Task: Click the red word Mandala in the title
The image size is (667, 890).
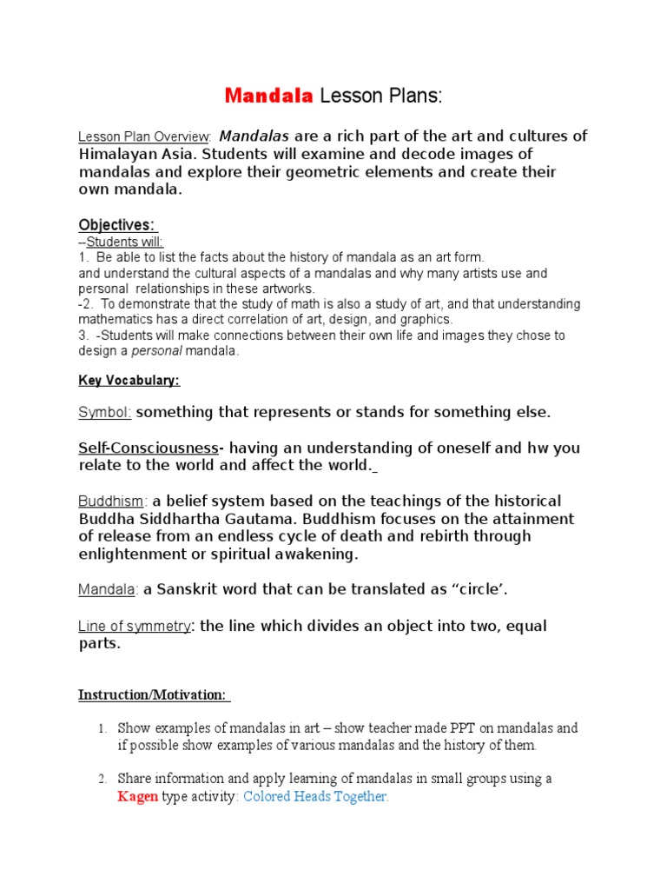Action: pyautogui.click(x=268, y=96)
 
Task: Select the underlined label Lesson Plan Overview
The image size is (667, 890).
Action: pyautogui.click(x=143, y=137)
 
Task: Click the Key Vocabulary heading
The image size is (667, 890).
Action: pyautogui.click(x=129, y=381)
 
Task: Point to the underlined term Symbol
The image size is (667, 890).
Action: pyautogui.click(x=104, y=412)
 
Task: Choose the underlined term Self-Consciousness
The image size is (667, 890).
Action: pyautogui.click(x=149, y=448)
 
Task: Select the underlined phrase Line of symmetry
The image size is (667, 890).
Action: pyautogui.click(x=135, y=627)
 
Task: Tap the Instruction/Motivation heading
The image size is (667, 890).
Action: pyautogui.click(x=153, y=694)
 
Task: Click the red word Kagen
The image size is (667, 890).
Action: pyautogui.click(x=137, y=797)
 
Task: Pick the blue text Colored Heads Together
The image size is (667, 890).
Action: pyautogui.click(x=316, y=797)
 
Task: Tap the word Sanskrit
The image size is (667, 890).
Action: pyautogui.click(x=191, y=590)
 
